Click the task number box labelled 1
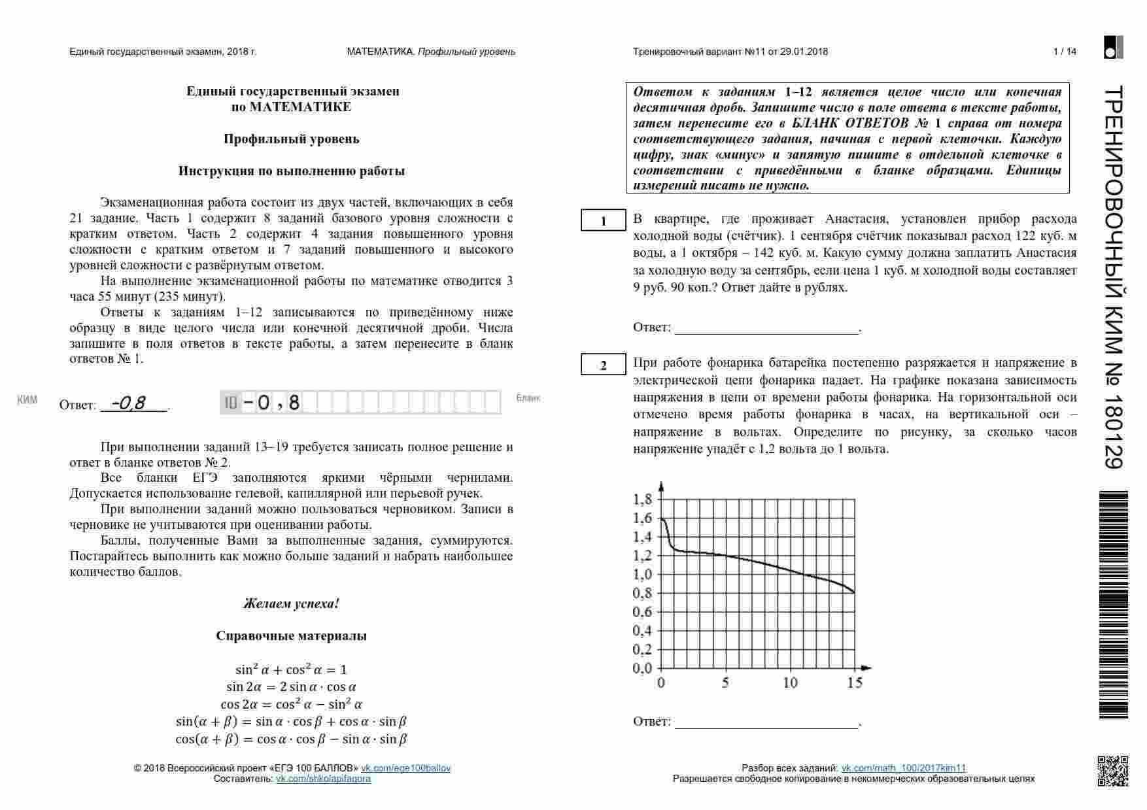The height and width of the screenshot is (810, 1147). click(x=603, y=221)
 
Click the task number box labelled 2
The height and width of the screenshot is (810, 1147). click(x=603, y=365)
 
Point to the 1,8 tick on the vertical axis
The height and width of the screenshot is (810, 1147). click(x=643, y=500)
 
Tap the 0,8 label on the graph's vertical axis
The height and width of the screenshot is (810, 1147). click(x=643, y=594)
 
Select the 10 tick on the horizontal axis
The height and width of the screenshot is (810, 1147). click(x=791, y=683)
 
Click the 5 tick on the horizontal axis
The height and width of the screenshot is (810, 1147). click(x=725, y=683)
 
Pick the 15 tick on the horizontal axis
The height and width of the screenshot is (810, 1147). click(x=855, y=683)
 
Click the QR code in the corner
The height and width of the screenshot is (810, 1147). click(x=1112, y=771)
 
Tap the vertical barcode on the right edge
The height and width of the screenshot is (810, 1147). click(x=1113, y=605)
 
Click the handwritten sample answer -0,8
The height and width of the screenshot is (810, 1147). click(x=129, y=403)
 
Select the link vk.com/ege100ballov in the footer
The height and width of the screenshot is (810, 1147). click(x=405, y=768)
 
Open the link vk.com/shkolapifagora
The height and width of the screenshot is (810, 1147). click(x=323, y=779)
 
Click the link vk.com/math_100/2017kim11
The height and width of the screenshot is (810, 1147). click(x=903, y=768)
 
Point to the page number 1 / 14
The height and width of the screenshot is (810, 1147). click(x=1065, y=52)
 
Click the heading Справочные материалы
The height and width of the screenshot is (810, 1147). click(x=291, y=635)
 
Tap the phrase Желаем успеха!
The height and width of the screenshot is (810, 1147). click(x=291, y=603)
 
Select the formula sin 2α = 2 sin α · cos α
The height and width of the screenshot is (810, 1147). click(x=291, y=687)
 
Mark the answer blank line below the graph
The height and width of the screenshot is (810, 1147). click(x=766, y=726)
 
